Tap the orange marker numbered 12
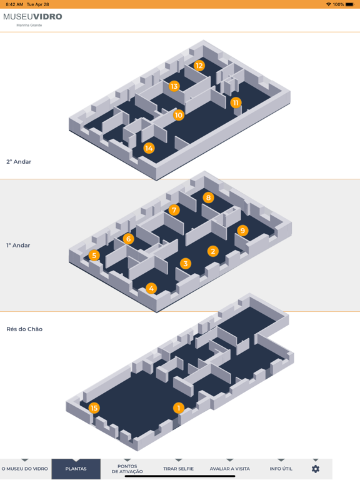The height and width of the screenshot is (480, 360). [x=199, y=66]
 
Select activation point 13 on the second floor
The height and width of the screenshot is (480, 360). [x=174, y=86]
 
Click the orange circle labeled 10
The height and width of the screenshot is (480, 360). [x=179, y=115]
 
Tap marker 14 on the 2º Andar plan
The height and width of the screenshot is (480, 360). [x=149, y=148]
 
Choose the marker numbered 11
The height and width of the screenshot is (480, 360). [x=236, y=102]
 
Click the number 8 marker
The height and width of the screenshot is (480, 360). [x=209, y=197]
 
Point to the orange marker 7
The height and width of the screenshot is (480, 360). [x=174, y=210]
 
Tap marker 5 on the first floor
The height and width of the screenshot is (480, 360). [x=94, y=255]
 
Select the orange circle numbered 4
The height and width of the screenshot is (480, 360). [x=151, y=288]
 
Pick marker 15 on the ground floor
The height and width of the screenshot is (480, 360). [x=94, y=407]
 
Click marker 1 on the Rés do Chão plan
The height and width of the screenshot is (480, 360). [x=179, y=407]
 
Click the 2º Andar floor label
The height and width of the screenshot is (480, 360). [x=19, y=162]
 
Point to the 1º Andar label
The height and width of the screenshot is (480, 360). [x=18, y=245]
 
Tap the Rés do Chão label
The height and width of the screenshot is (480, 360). [x=24, y=329]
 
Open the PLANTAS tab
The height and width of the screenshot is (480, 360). [x=76, y=469]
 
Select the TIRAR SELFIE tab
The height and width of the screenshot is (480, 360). [x=179, y=469]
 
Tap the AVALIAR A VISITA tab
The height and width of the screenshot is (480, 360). [x=229, y=469]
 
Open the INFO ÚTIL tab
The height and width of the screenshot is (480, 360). [x=281, y=469]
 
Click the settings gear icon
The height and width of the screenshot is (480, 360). [x=316, y=469]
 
